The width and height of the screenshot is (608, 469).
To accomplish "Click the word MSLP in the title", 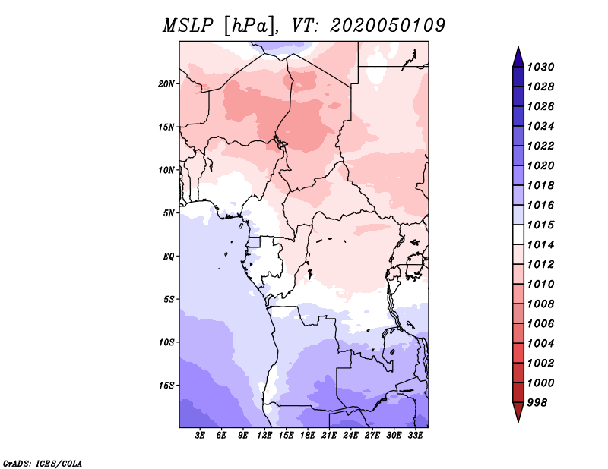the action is click(188, 26).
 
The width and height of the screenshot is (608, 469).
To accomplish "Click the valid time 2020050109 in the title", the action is click(388, 26).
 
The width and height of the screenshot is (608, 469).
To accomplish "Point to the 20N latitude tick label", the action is click(166, 84).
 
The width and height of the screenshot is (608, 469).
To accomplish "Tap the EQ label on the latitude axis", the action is click(169, 257).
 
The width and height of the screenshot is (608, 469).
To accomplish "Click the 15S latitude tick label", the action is click(166, 386).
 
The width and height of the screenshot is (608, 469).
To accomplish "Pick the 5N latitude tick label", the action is click(169, 213).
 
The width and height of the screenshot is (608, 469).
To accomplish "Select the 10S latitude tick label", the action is click(166, 342).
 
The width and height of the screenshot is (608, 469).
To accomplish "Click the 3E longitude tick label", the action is click(200, 436).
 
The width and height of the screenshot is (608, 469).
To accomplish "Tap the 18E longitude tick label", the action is click(308, 436).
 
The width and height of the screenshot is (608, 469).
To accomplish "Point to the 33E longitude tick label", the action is click(415, 436).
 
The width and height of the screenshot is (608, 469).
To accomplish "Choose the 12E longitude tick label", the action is click(264, 436).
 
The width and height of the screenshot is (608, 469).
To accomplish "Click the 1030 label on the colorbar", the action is click(541, 67).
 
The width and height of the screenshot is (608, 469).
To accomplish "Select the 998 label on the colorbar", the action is click(537, 403).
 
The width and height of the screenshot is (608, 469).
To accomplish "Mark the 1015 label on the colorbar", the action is click(541, 225).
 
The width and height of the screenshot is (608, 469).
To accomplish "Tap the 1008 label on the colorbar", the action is click(541, 304).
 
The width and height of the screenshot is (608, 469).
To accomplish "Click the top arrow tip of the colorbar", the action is click(518, 47).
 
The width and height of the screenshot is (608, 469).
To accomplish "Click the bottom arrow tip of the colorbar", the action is click(518, 421).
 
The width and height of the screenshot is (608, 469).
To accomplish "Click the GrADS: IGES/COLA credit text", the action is click(43, 463).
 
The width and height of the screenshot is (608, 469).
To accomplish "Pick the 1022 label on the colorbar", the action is click(541, 146).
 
